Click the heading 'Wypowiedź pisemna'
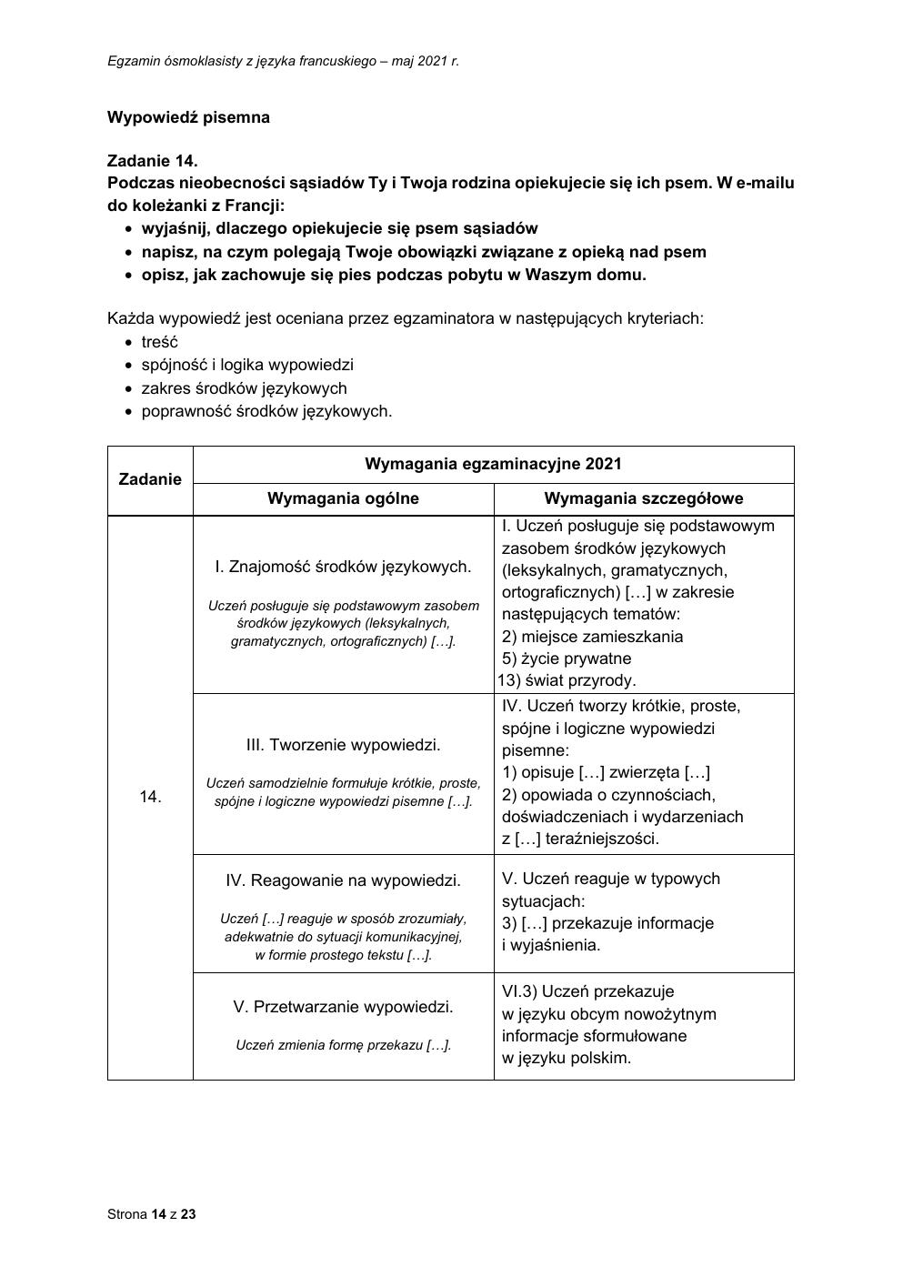(188, 117)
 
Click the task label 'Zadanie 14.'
(152, 161)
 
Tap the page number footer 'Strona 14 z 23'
(152, 1213)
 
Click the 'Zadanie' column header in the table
(150, 479)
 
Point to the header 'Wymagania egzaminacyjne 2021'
(493, 464)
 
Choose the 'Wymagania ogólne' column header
(343, 498)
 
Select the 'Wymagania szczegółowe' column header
(643, 498)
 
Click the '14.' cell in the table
(150, 797)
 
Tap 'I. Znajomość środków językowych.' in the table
(343, 567)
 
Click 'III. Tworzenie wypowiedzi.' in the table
(343, 745)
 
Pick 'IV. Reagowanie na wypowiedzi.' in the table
(343, 880)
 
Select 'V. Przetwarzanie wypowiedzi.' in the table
(343, 1007)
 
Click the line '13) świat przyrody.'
(567, 680)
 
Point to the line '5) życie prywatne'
(566, 659)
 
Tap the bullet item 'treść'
(160, 342)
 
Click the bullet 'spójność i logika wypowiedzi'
(247, 365)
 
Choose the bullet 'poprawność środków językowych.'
(266, 411)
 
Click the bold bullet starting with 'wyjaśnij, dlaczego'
(339, 228)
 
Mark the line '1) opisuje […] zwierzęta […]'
(606, 772)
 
